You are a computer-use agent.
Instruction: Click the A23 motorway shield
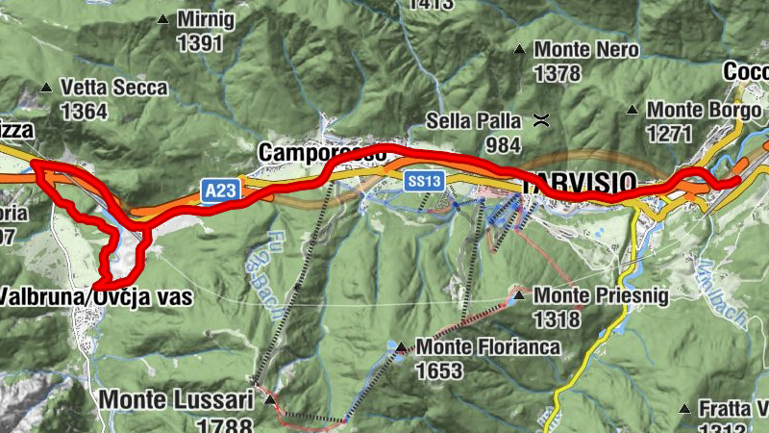click(220, 191)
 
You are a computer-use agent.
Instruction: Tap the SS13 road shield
click(423, 180)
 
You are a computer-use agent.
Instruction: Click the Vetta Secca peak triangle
click(44, 88)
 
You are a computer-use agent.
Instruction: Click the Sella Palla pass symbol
click(541, 121)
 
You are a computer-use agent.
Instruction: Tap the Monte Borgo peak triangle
click(633, 111)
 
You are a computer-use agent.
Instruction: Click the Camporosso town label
click(322, 153)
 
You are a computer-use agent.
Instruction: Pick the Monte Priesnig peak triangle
click(519, 295)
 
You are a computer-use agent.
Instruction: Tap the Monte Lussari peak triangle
click(269, 398)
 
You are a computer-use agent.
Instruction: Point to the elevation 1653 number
click(440, 370)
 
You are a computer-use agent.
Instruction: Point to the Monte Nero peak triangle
click(519, 49)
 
